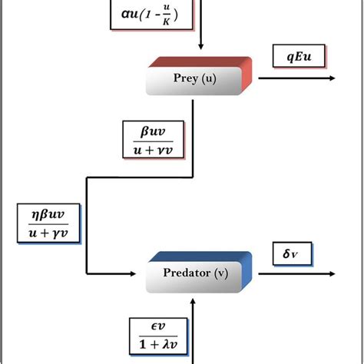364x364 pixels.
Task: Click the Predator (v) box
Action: (198, 274)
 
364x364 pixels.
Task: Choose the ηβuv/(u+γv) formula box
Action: (46, 223)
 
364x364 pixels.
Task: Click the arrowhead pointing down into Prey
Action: (200, 51)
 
